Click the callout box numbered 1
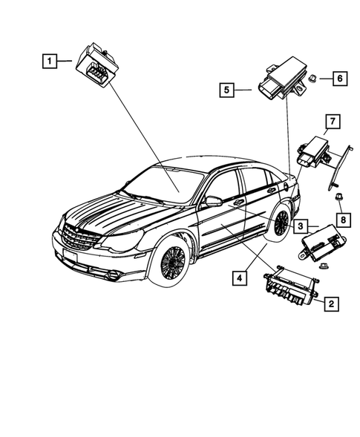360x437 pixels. pyautogui.click(x=50, y=62)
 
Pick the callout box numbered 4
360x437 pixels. pyautogui.click(x=239, y=279)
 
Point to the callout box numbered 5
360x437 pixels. pyautogui.click(x=228, y=91)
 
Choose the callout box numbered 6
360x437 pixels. pyautogui.click(x=338, y=78)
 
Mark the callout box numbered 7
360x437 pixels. pyautogui.click(x=332, y=120)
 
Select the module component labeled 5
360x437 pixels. pyautogui.click(x=277, y=82)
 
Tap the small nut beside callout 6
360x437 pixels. pyautogui.click(x=315, y=77)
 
